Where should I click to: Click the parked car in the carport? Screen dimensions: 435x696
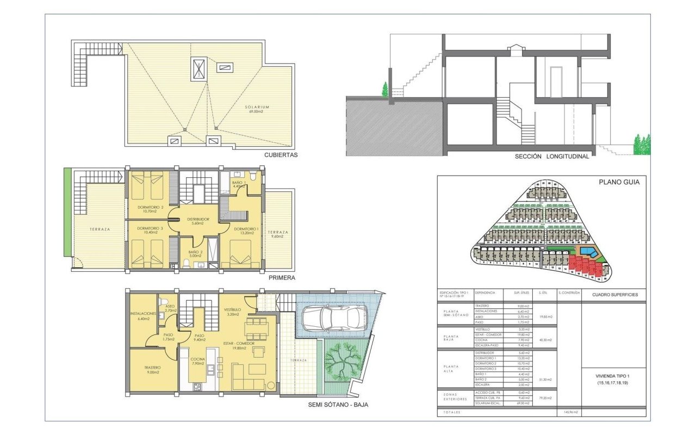pyautogui.click(x=333, y=317)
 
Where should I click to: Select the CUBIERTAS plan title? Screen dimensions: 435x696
pyautogui.click(x=281, y=155)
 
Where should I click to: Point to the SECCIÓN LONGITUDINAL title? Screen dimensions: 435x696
pyautogui.click(x=552, y=157)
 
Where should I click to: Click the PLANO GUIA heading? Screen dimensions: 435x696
pyautogui.click(x=619, y=183)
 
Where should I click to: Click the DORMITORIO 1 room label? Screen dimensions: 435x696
pyautogui.click(x=246, y=229)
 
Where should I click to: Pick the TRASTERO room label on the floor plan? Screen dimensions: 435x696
pyautogui.click(x=153, y=368)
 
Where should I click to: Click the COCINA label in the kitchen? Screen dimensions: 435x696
pyautogui.click(x=197, y=359)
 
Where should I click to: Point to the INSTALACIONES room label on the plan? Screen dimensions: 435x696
pyautogui.click(x=144, y=314)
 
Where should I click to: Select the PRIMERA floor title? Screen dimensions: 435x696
pyautogui.click(x=282, y=278)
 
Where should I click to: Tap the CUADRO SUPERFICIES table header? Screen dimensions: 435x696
pyautogui.click(x=613, y=295)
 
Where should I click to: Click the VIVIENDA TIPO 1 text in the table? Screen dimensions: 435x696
pyautogui.click(x=613, y=375)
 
